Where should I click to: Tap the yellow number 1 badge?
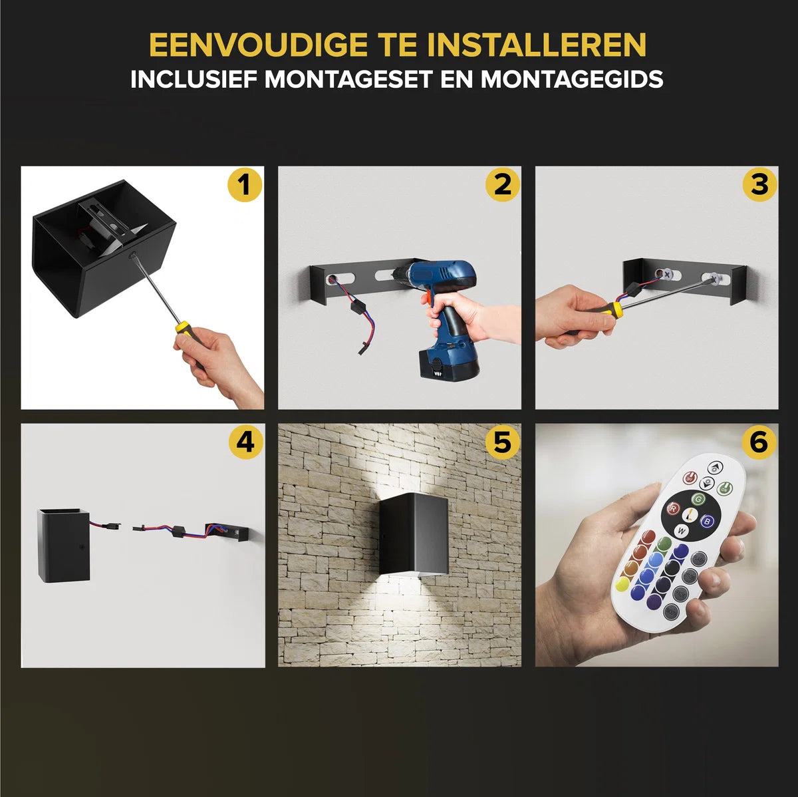(245, 184)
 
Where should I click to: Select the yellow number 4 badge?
(245, 442)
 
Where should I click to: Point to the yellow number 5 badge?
(502, 442)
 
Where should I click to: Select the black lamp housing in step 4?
(63, 545)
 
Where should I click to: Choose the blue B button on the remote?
(708, 522)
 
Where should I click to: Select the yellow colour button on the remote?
(622, 585)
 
